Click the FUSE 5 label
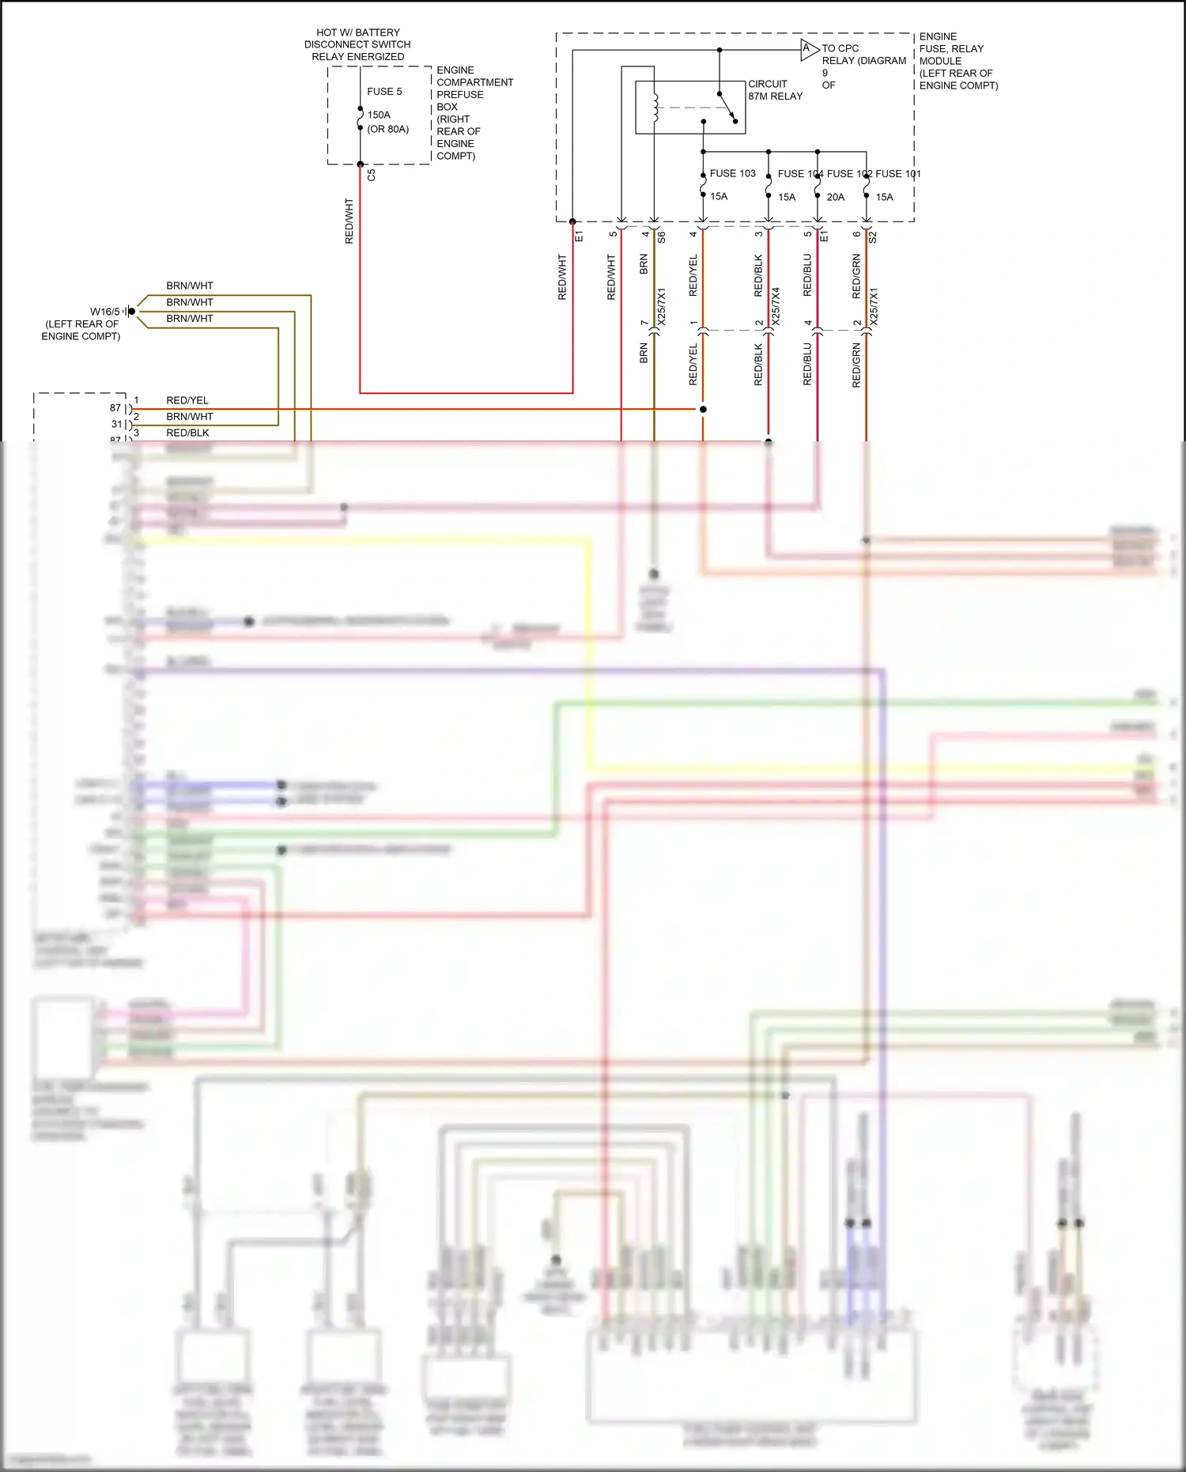pyautogui.click(x=384, y=92)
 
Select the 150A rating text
pyautogui.click(x=379, y=115)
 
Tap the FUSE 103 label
pyautogui.click(x=732, y=173)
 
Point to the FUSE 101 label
pyautogui.click(x=898, y=174)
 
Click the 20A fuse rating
pyautogui.click(x=836, y=197)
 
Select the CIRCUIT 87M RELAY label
pyautogui.click(x=775, y=90)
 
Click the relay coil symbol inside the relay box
pyautogui.click(x=655, y=108)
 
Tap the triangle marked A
pyautogui.click(x=807, y=49)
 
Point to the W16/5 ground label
pyautogui.click(x=104, y=312)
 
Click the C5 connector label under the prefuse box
pyautogui.click(x=372, y=175)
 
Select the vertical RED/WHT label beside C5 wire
pyautogui.click(x=349, y=221)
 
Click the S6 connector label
pyautogui.click(x=662, y=236)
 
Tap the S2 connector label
pyautogui.click(x=873, y=236)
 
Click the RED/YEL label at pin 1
pyautogui.click(x=187, y=400)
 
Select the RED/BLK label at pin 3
pyautogui.click(x=187, y=433)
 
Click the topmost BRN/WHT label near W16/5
pyautogui.click(x=190, y=286)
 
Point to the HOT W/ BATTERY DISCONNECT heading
pyautogui.click(x=357, y=44)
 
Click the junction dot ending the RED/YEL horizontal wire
pyautogui.click(x=703, y=409)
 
